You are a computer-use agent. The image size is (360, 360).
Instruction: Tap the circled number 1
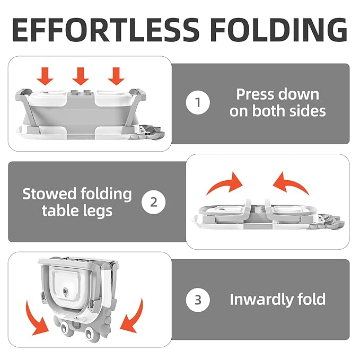coord(198,103)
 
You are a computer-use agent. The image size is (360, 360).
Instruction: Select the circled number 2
coord(154,201)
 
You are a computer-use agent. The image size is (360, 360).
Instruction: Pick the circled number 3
coord(198,300)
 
